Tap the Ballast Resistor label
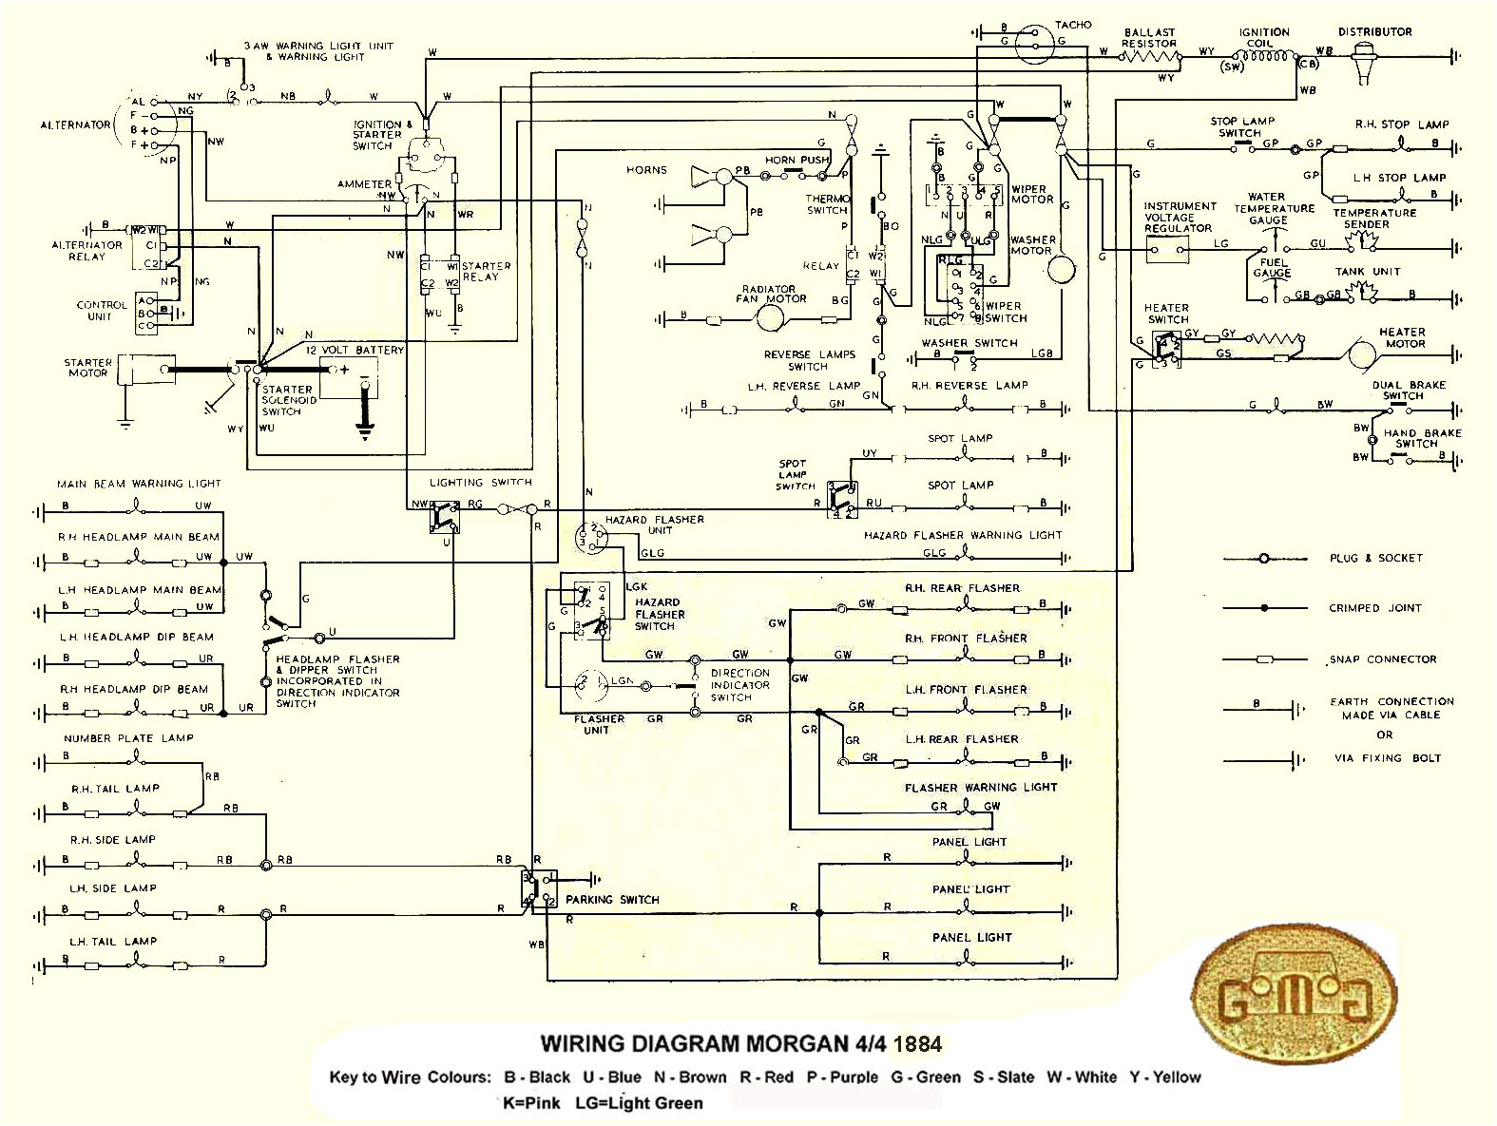[1149, 38]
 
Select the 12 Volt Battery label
[354, 351]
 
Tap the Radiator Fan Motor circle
[768, 319]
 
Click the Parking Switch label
[612, 899]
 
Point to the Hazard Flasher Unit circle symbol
[590, 538]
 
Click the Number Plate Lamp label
[128, 738]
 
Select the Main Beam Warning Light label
[139, 484]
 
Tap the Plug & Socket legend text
[1375, 558]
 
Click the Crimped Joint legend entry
[1374, 608]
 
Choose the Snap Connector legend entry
[1383, 658]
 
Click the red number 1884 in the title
[917, 1045]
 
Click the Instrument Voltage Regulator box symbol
[1167, 250]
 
